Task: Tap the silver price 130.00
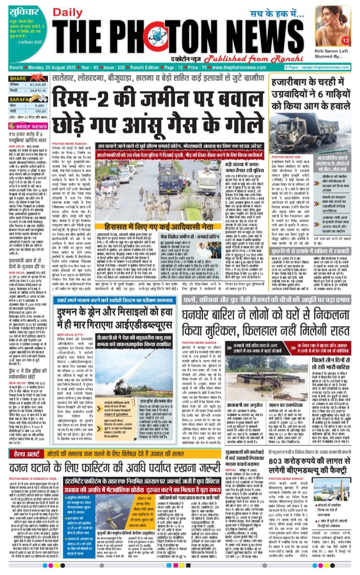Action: click(40, 111)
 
